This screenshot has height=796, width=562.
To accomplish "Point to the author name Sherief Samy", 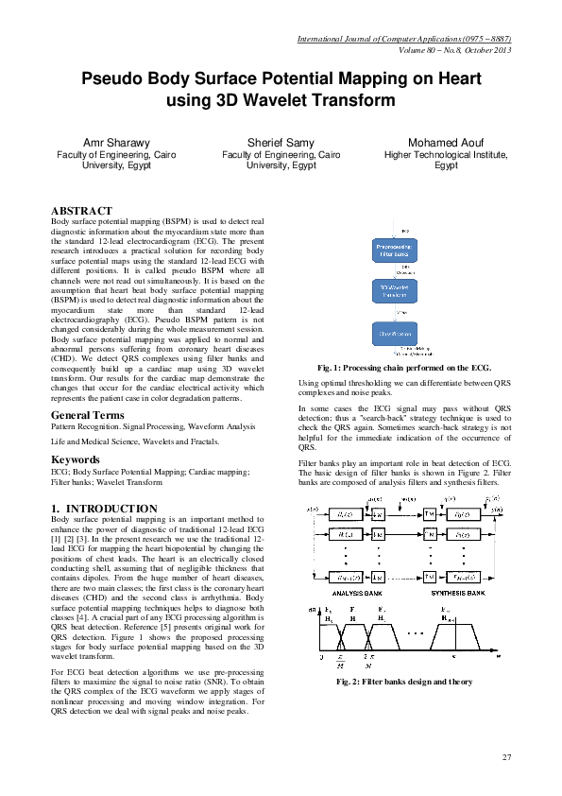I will (x=281, y=142).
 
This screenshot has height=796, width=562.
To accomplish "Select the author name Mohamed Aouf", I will (x=446, y=142).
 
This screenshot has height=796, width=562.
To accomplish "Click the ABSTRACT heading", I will (x=81, y=210).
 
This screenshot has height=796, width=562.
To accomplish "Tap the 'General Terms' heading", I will (x=87, y=416).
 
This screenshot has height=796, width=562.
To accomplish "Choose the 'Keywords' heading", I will (x=75, y=459).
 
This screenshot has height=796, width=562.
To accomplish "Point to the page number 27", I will (x=506, y=757).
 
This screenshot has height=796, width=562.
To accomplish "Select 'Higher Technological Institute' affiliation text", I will (x=446, y=154).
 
